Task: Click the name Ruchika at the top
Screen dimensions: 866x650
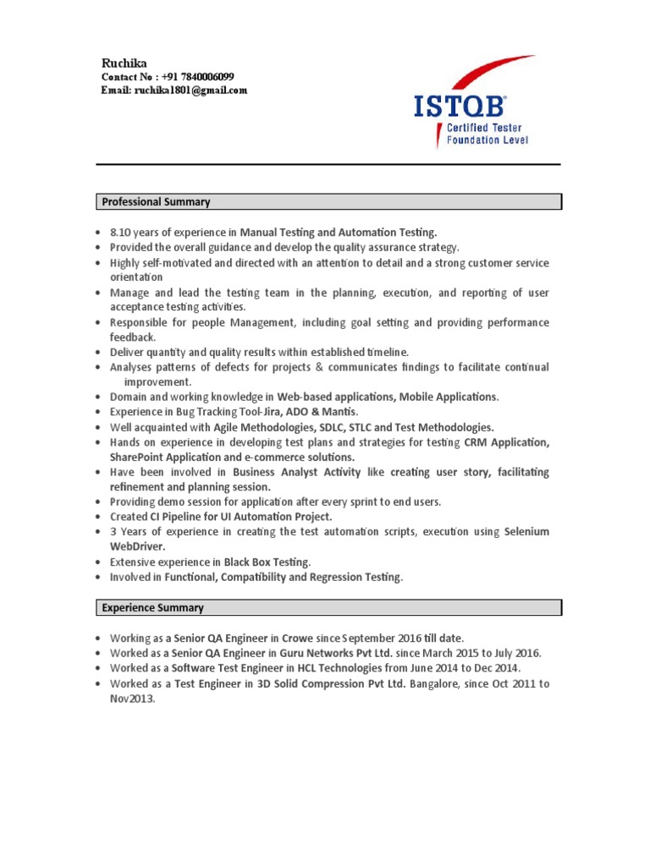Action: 123,63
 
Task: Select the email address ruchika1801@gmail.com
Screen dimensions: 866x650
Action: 190,90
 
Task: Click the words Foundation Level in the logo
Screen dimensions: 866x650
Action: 487,140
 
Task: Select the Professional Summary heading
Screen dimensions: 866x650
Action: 156,202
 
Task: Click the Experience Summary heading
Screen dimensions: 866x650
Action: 152,608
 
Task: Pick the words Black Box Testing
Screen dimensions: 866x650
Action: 267,562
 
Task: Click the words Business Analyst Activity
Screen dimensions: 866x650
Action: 295,472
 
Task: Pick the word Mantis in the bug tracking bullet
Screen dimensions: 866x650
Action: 340,412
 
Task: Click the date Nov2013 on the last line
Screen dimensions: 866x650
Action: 132,699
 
